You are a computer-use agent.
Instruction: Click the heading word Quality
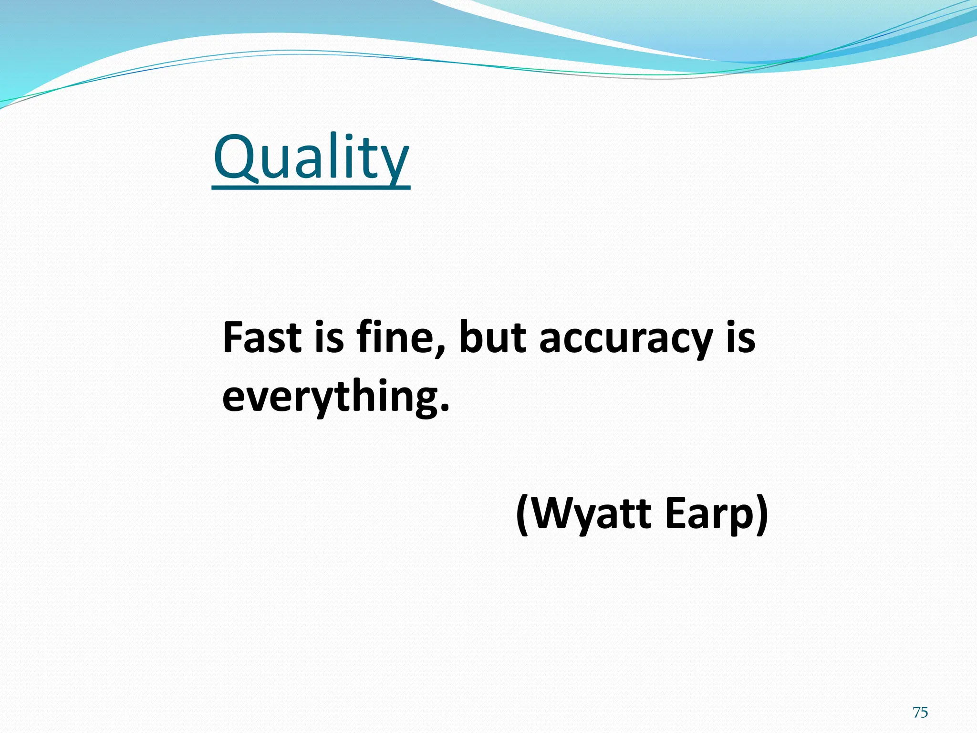click(311, 157)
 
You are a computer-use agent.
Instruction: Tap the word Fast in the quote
click(262, 337)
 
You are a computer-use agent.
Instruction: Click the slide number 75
click(920, 712)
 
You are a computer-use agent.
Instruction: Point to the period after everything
click(444, 408)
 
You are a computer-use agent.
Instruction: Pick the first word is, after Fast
click(329, 337)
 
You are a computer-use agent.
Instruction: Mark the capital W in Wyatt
click(551, 513)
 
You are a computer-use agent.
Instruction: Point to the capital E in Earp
click(676, 513)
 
